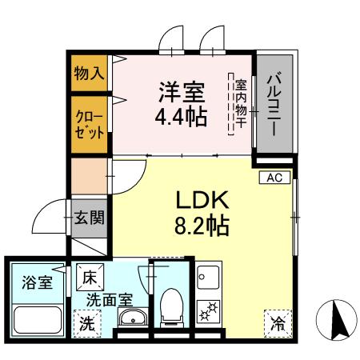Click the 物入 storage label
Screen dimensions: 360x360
90,73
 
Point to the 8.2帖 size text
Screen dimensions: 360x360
202,226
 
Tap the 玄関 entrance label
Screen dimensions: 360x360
90,218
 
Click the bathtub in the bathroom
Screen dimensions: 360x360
38,322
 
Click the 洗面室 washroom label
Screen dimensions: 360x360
110,302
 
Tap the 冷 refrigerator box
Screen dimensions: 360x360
276,324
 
